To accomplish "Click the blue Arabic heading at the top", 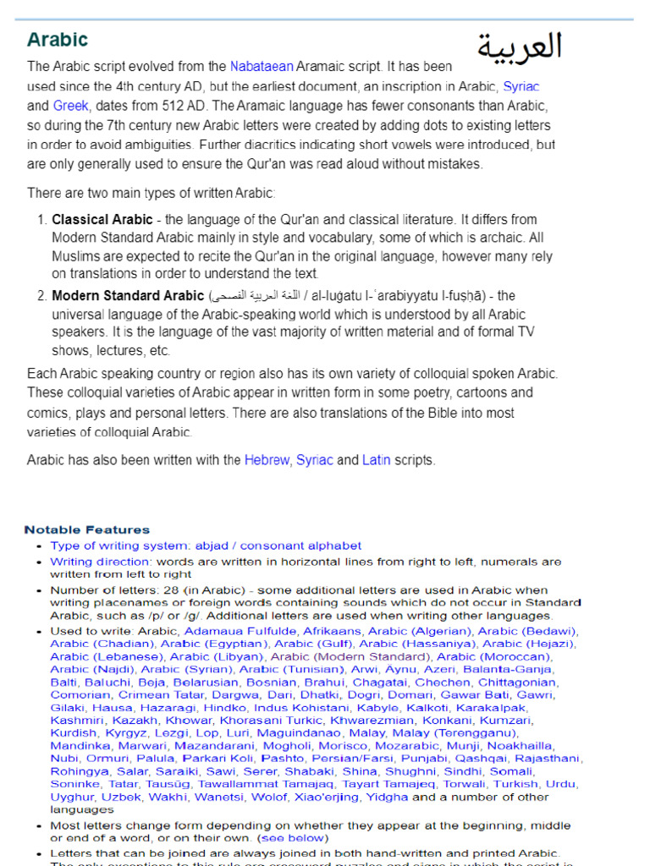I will pyautogui.click(x=58, y=40).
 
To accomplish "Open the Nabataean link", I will pyautogui.click(x=262, y=66).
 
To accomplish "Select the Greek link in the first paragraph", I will pyautogui.click(x=70, y=106).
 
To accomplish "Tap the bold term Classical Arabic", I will pyautogui.click(x=102, y=219).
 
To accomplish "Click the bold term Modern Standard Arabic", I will pyautogui.click(x=128, y=296).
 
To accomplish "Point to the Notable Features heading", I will pyautogui.click(x=87, y=529).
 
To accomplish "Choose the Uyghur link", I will pyautogui.click(x=73, y=797).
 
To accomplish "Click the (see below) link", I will pyautogui.click(x=294, y=837).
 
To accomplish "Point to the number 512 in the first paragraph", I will pyautogui.click(x=174, y=106).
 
